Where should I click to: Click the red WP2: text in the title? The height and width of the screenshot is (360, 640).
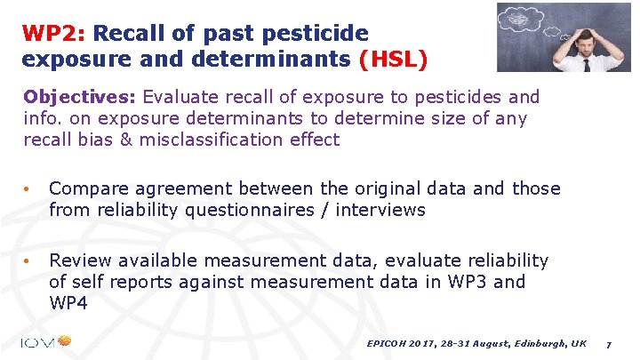(x=54, y=34)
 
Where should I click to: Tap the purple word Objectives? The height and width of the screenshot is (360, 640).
(x=80, y=96)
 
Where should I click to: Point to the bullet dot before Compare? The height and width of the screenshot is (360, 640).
(x=28, y=189)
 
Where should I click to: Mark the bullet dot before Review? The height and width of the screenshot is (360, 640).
(x=28, y=261)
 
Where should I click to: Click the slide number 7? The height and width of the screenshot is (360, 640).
(x=608, y=343)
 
